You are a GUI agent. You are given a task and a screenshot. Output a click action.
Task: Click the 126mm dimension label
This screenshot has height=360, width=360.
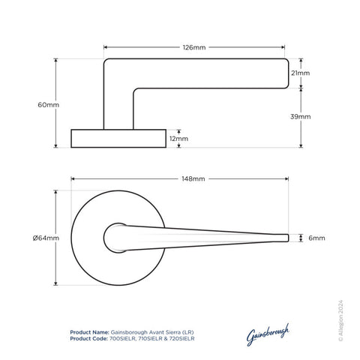coord(195,46)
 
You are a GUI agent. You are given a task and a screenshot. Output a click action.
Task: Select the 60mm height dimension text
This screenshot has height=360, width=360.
coord(48,104)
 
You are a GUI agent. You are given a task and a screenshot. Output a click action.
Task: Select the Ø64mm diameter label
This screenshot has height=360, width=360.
coord(45,238)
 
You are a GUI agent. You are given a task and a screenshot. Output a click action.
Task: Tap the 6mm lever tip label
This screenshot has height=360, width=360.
coord(316,238)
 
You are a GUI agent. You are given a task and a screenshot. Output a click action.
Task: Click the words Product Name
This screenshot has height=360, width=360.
coord(88,331)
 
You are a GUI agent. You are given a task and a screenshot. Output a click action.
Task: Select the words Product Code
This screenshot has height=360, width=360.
coord(88,338)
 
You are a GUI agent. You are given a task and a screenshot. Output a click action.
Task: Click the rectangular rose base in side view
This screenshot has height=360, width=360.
coord(118,139)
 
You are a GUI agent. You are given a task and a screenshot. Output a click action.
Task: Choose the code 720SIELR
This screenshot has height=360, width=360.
coord(179,338)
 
